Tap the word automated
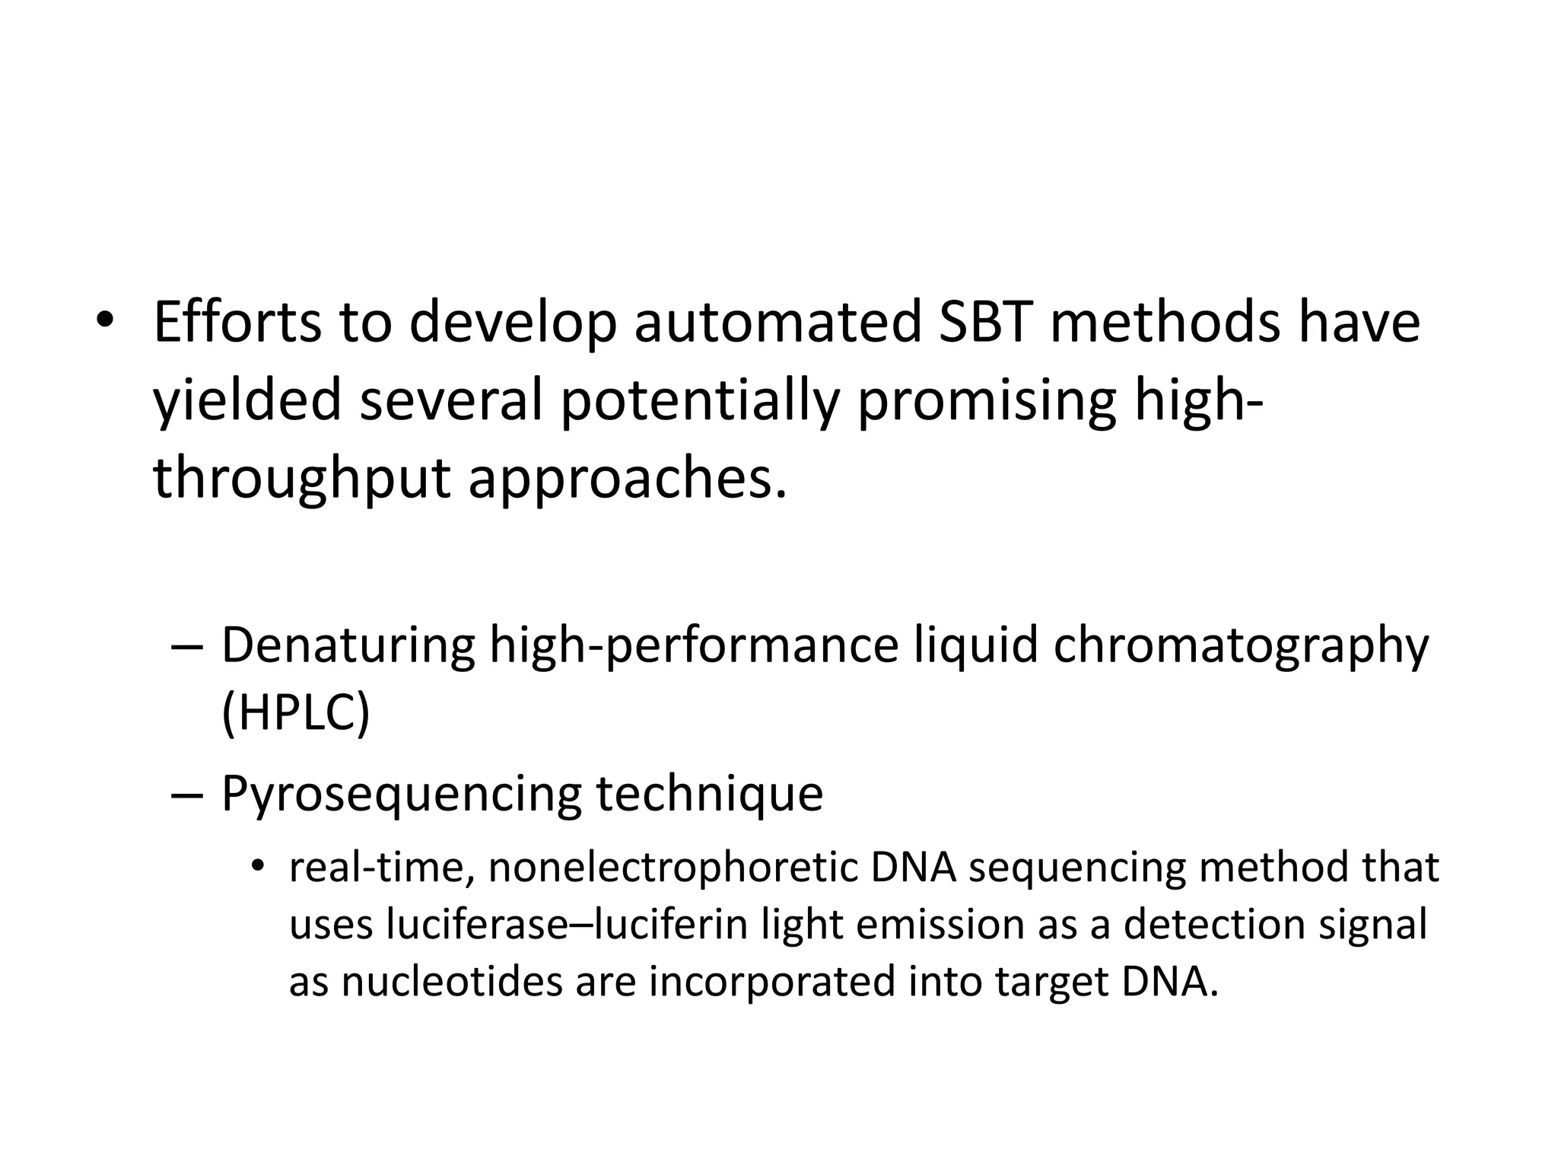click(x=777, y=323)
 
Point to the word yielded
click(x=247, y=401)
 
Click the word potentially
click(x=699, y=401)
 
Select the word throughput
click(x=302, y=479)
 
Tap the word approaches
click(x=627, y=479)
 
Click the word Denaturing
click(x=348, y=645)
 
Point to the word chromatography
click(x=1241, y=645)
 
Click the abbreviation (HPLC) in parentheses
click(x=295, y=712)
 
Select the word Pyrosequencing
click(x=400, y=793)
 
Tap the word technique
click(x=709, y=793)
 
